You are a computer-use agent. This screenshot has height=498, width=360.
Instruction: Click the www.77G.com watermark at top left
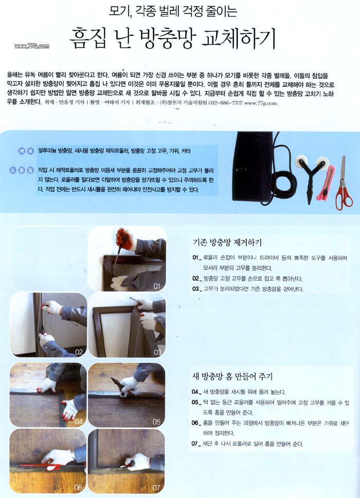click(x=31, y=46)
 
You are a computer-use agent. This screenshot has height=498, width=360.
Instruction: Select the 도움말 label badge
click(x=23, y=169)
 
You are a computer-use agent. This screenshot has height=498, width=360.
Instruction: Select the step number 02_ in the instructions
click(x=195, y=278)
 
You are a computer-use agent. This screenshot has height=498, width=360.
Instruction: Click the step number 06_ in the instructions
click(x=195, y=422)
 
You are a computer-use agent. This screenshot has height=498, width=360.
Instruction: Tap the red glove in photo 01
click(x=124, y=239)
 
